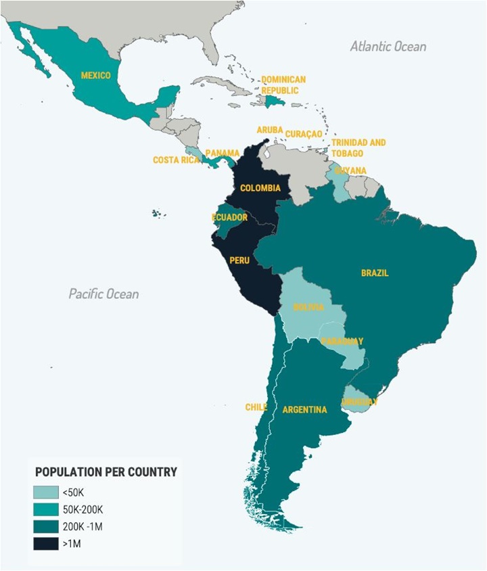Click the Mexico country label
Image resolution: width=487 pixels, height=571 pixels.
pos(95,76)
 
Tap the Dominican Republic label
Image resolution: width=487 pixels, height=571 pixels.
pos(283,85)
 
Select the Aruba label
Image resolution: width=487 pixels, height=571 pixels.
pos(269,130)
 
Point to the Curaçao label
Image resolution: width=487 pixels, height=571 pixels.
pos(304,134)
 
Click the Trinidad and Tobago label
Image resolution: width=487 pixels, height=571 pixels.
pos(358,147)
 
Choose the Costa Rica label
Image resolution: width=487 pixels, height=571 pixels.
pos(177,160)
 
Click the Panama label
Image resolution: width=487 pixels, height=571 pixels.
pos(222,153)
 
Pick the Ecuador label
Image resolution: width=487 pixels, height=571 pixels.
pos(229,217)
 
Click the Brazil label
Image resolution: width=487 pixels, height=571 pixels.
pos(375,273)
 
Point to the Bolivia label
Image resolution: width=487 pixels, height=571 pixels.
pos(308,307)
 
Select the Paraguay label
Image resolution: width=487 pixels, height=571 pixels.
pos(342,341)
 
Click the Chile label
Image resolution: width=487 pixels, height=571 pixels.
pos(256,407)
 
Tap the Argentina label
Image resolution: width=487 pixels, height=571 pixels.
pos(304,409)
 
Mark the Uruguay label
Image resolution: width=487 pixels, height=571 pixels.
pos(359,402)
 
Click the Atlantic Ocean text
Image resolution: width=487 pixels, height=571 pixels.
pos(388,47)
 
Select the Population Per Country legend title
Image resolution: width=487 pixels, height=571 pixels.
pos(106,472)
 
